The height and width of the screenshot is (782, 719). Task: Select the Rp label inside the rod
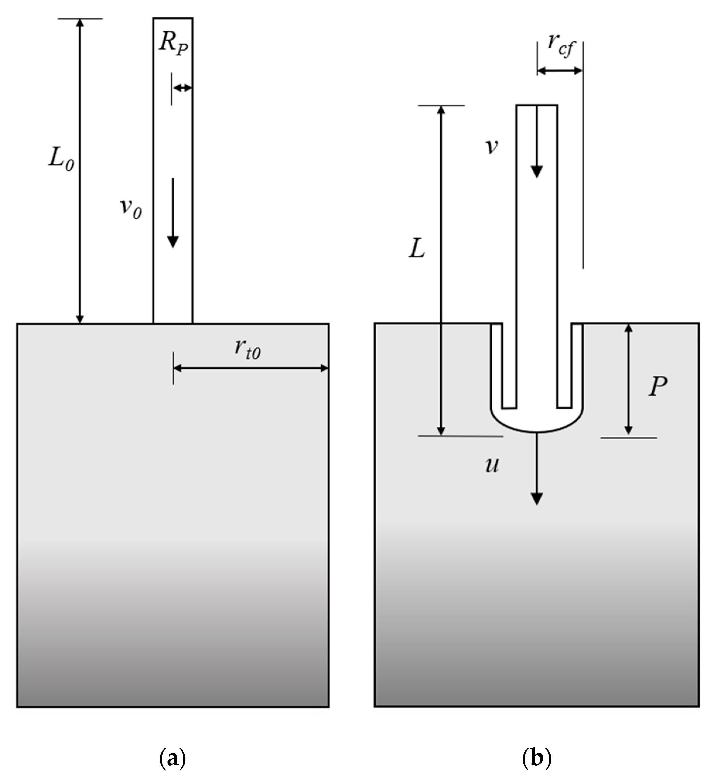(x=173, y=43)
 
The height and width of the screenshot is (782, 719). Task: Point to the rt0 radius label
(x=247, y=348)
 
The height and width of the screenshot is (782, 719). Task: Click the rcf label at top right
(x=560, y=45)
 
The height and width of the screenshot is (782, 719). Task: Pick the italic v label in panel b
(x=492, y=147)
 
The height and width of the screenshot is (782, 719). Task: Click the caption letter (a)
(x=173, y=758)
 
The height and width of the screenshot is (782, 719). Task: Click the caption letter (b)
(x=537, y=758)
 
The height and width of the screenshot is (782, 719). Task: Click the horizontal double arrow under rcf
(x=560, y=71)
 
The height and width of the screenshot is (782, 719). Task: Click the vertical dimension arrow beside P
(x=628, y=379)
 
